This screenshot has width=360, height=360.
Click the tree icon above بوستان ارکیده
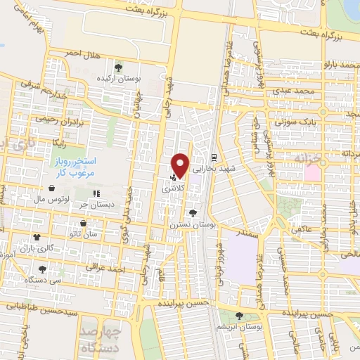[x=118, y=68]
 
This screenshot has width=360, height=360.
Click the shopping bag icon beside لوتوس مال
[x=53, y=188]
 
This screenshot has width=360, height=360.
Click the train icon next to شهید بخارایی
[x=214, y=156]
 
